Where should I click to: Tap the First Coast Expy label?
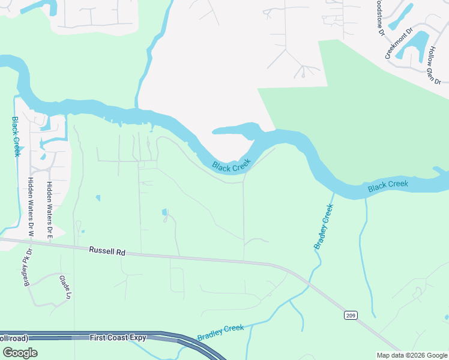(118, 338)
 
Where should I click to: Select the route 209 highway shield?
(351, 315)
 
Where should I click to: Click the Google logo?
(19, 352)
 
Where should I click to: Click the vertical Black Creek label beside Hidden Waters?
(16, 136)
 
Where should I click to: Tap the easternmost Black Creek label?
(388, 186)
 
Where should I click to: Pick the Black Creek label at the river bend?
(231, 166)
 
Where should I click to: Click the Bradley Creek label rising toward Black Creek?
(322, 227)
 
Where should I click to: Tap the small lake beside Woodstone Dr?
(401, 17)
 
